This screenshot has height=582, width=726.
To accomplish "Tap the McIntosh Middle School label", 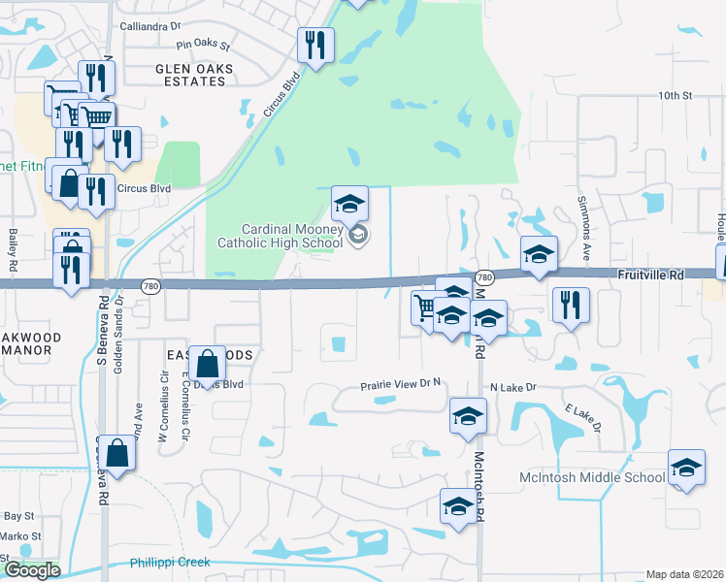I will [x=604, y=477].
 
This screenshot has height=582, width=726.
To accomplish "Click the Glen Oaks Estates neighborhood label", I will [x=190, y=75].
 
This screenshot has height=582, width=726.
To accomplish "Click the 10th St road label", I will [x=674, y=96].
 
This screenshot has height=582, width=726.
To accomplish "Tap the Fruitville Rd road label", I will [x=650, y=275].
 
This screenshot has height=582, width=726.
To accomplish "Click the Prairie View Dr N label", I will [x=402, y=384].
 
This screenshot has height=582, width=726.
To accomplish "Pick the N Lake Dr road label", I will [x=513, y=388].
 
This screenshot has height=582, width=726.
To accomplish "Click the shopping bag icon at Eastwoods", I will [x=209, y=365].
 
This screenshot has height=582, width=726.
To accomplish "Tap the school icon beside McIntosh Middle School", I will [x=686, y=470].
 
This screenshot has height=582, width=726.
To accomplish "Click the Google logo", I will [x=32, y=570].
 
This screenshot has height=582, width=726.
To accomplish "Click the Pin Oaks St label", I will [x=202, y=45].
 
